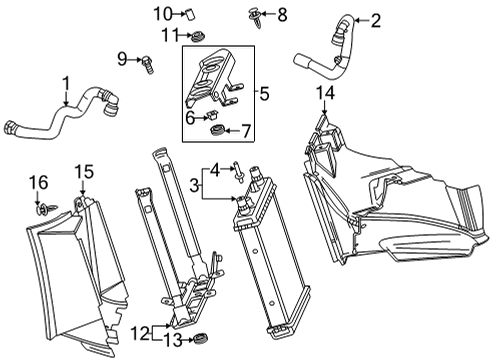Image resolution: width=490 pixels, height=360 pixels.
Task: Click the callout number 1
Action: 66,83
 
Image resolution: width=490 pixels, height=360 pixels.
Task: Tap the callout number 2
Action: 348,18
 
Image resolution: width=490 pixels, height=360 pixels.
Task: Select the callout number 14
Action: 322,94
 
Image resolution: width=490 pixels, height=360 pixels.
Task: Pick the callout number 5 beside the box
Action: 264,95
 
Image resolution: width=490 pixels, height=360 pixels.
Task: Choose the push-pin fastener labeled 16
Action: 43,210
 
